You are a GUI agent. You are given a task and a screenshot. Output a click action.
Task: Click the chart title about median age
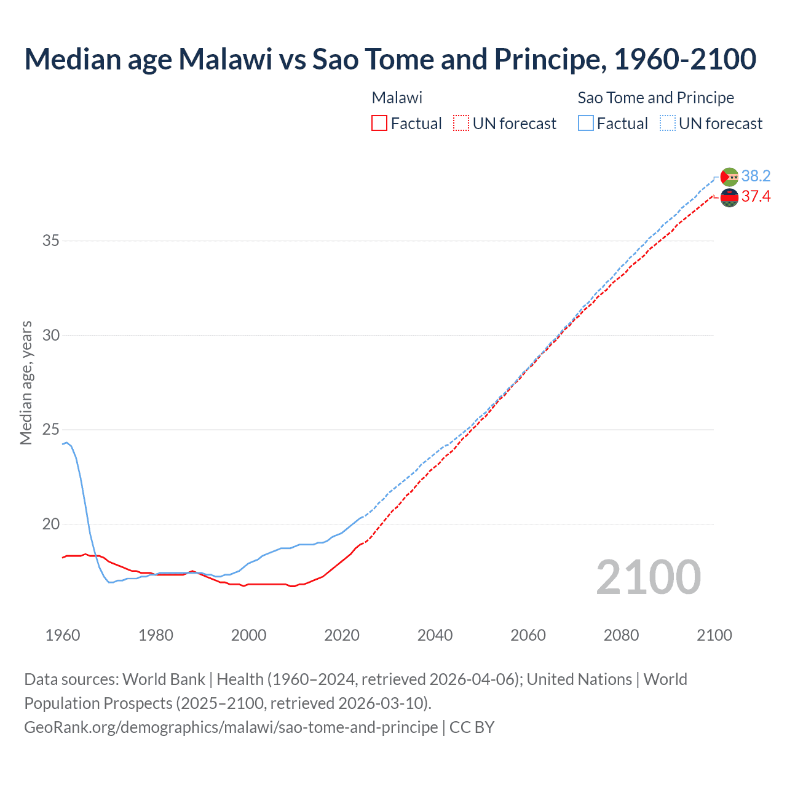[390, 59]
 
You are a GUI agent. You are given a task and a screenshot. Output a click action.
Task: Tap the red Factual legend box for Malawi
[379, 124]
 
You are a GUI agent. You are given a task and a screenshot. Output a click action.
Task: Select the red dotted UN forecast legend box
[461, 124]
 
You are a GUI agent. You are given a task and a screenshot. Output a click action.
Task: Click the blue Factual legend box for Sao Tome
[586, 124]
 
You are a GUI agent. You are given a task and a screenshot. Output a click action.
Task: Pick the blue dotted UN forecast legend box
[668, 124]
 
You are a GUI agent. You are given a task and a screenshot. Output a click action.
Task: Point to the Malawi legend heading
[397, 98]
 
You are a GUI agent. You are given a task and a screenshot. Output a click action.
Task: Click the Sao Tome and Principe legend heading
[655, 98]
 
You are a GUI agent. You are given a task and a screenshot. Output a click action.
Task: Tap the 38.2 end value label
[756, 176]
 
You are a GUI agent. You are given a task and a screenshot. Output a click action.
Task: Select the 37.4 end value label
[756, 197]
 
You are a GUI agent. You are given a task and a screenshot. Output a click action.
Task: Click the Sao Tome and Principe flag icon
[729, 177]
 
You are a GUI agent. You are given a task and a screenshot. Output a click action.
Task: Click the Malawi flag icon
[729, 198]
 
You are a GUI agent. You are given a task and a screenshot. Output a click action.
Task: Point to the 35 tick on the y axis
[51, 240]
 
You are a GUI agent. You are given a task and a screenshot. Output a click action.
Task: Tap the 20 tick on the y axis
[51, 524]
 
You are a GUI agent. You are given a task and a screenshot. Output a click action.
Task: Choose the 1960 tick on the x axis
[63, 635]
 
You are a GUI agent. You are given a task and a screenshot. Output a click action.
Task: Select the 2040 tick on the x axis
[435, 635]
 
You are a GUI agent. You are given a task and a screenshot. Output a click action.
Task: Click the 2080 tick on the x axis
[621, 635]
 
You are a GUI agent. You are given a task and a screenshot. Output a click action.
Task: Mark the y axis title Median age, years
[26, 382]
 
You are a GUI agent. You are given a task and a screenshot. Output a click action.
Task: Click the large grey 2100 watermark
[648, 577]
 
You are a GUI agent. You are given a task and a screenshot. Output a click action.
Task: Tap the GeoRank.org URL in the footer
[231, 727]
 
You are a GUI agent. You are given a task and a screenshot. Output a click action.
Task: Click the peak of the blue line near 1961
[67, 442]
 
